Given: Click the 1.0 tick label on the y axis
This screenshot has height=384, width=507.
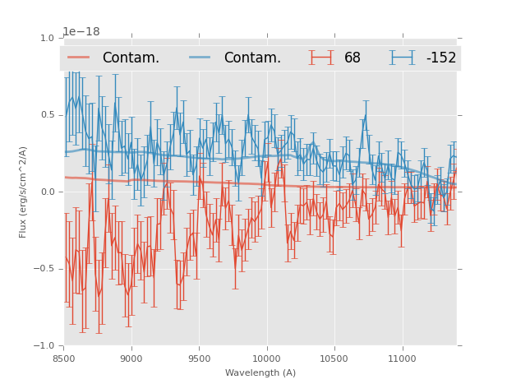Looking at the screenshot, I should click(46, 39).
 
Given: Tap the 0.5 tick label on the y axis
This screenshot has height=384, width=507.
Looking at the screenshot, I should click(46, 115).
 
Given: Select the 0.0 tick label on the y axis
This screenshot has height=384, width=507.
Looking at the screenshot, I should click(46, 192).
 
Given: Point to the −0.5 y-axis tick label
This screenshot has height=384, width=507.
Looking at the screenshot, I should click(44, 269).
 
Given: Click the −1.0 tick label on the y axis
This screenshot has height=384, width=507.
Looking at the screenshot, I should click(44, 346).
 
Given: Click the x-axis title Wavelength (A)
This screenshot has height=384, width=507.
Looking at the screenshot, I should click(260, 372).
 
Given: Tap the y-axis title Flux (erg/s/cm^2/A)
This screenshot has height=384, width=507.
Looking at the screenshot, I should click(23, 192).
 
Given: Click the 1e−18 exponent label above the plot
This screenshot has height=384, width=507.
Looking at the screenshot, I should click(81, 32).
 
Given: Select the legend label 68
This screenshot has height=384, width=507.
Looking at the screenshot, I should click(353, 58).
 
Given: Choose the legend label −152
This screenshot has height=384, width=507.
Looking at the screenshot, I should click(440, 58).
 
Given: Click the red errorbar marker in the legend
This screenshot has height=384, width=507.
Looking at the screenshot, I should click(321, 58).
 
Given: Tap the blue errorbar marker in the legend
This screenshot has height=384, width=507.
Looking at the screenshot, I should click(403, 58).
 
